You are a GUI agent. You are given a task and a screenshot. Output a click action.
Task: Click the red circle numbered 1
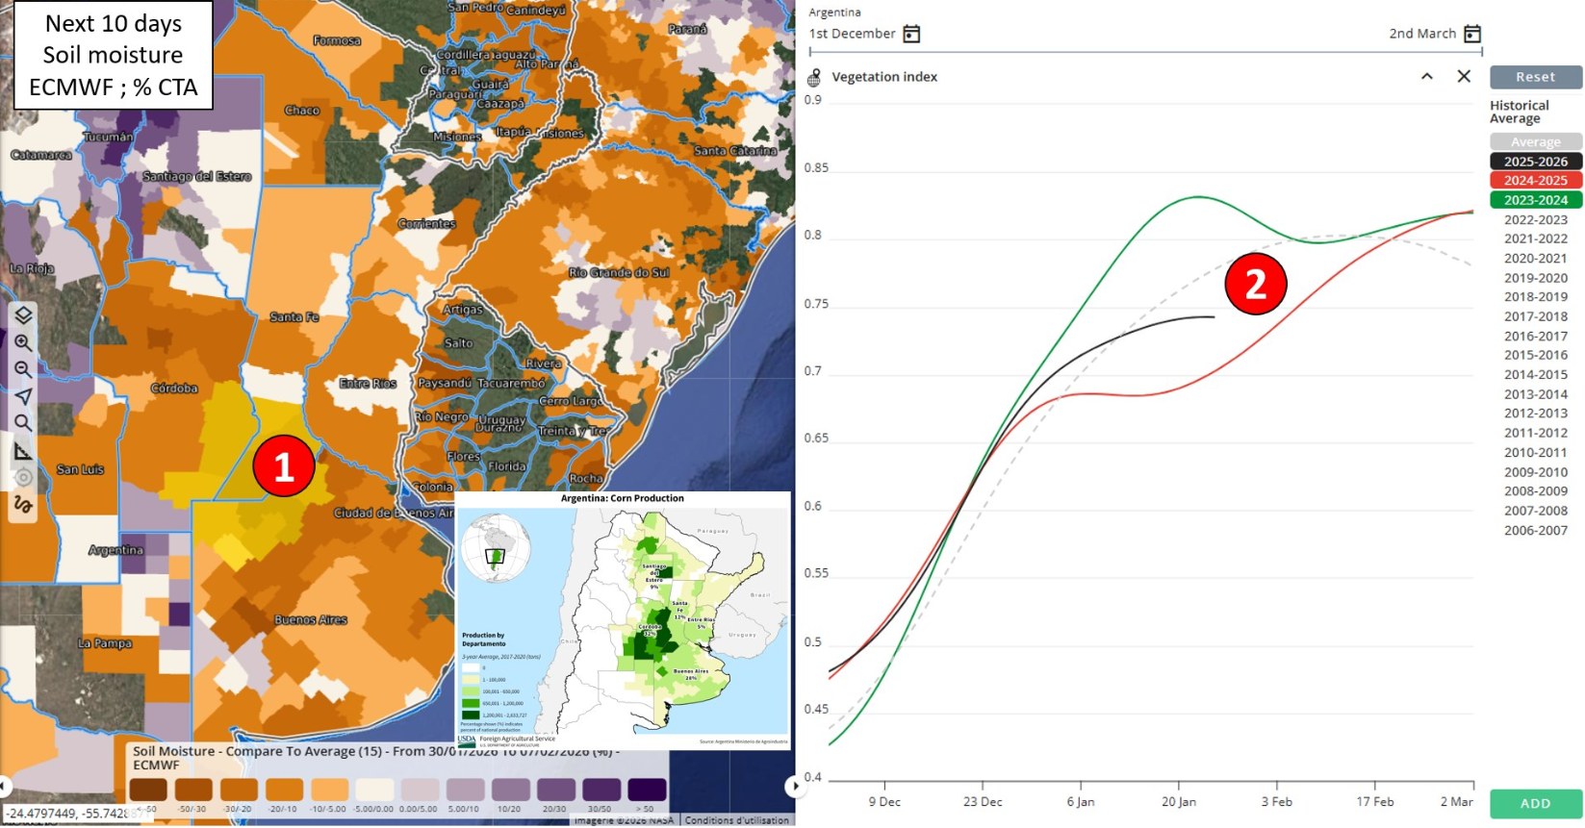283,466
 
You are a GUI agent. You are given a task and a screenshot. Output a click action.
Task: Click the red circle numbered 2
1255,284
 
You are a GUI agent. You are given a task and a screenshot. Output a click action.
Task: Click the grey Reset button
1535,77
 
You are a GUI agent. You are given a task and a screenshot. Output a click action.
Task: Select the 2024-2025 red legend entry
1535,181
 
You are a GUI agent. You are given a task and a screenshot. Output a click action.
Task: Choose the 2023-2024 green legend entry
1535,200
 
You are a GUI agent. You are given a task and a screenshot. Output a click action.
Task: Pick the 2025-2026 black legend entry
1535,162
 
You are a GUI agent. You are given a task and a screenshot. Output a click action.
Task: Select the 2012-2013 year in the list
1535,414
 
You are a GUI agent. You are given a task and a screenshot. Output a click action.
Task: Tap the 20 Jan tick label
1178,802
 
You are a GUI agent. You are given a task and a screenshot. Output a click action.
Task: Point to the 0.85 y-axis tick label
815,168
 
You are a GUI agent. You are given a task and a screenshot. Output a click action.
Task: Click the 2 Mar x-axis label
1456,802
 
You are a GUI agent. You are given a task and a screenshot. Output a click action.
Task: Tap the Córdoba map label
174,389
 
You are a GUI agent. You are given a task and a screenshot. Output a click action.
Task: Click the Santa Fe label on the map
294,316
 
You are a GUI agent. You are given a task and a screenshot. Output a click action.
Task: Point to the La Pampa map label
105,643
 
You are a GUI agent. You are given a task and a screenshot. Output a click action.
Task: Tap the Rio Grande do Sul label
619,272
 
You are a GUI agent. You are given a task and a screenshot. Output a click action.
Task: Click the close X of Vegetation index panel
1464,76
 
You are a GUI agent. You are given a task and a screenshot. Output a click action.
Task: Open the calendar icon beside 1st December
911,35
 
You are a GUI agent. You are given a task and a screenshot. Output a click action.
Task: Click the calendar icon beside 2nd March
1472,35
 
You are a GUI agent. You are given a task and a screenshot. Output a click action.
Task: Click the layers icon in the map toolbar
23,315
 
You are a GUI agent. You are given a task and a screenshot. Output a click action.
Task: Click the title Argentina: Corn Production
622,498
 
